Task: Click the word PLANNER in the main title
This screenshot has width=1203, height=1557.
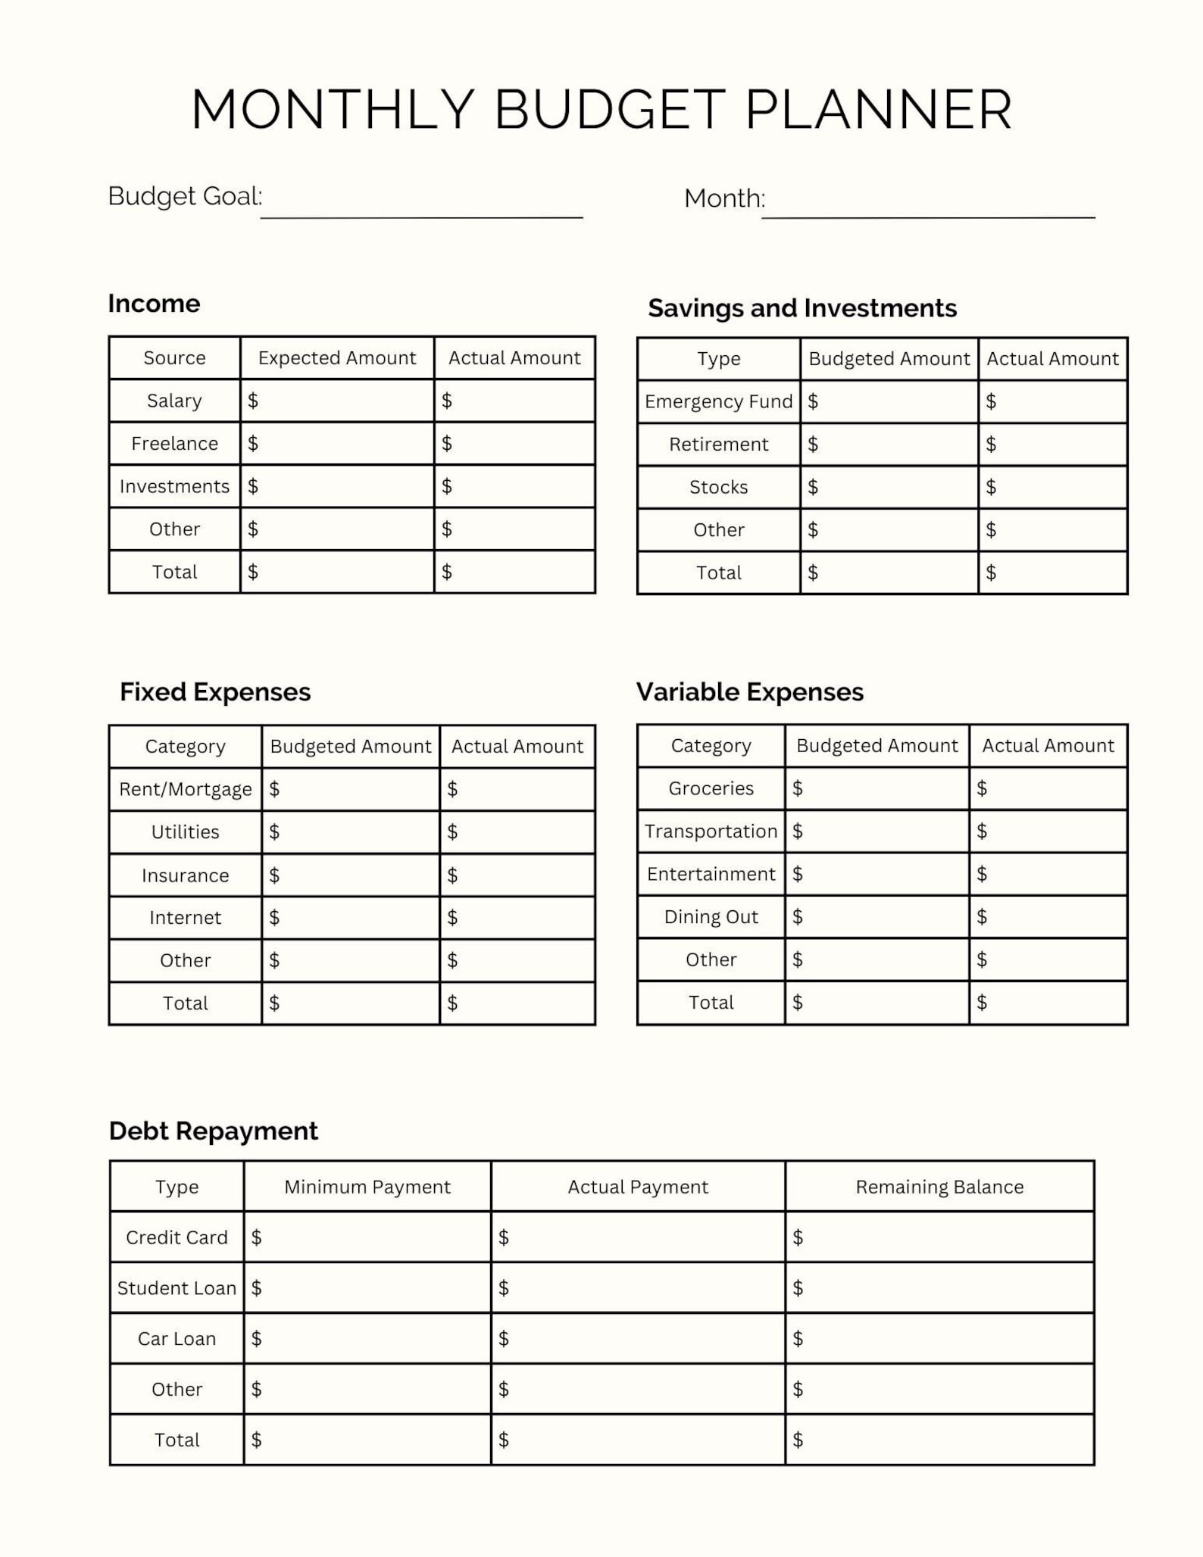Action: pos(879,111)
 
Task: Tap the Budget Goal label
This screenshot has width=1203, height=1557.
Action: pos(185,196)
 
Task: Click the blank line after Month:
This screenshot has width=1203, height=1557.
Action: pos(928,204)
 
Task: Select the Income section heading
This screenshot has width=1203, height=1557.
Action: pos(154,304)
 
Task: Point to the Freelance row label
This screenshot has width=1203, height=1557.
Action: pos(174,444)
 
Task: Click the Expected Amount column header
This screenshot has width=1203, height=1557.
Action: pos(337,358)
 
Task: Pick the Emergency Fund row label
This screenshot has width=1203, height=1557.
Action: pos(718,401)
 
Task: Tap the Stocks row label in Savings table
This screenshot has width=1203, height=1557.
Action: pos(718,487)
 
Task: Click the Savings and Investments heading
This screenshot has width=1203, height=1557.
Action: pos(802,308)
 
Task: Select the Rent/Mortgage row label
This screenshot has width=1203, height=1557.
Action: pos(185,790)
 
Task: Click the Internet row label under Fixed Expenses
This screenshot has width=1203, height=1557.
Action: pos(185,918)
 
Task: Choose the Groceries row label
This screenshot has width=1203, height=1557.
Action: pos(711,788)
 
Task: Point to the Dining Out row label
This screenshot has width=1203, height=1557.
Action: pos(711,917)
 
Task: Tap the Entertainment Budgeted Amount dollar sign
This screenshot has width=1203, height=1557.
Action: pos(798,874)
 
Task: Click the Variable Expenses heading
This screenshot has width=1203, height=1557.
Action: pos(750,692)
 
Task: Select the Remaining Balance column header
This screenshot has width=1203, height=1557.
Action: pos(939,1187)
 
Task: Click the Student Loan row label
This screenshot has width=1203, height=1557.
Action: pos(177,1288)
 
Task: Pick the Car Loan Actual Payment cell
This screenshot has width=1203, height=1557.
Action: pos(638,1339)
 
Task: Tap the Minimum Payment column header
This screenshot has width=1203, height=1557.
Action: pos(367,1187)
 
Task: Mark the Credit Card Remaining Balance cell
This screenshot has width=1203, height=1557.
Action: pos(939,1237)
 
